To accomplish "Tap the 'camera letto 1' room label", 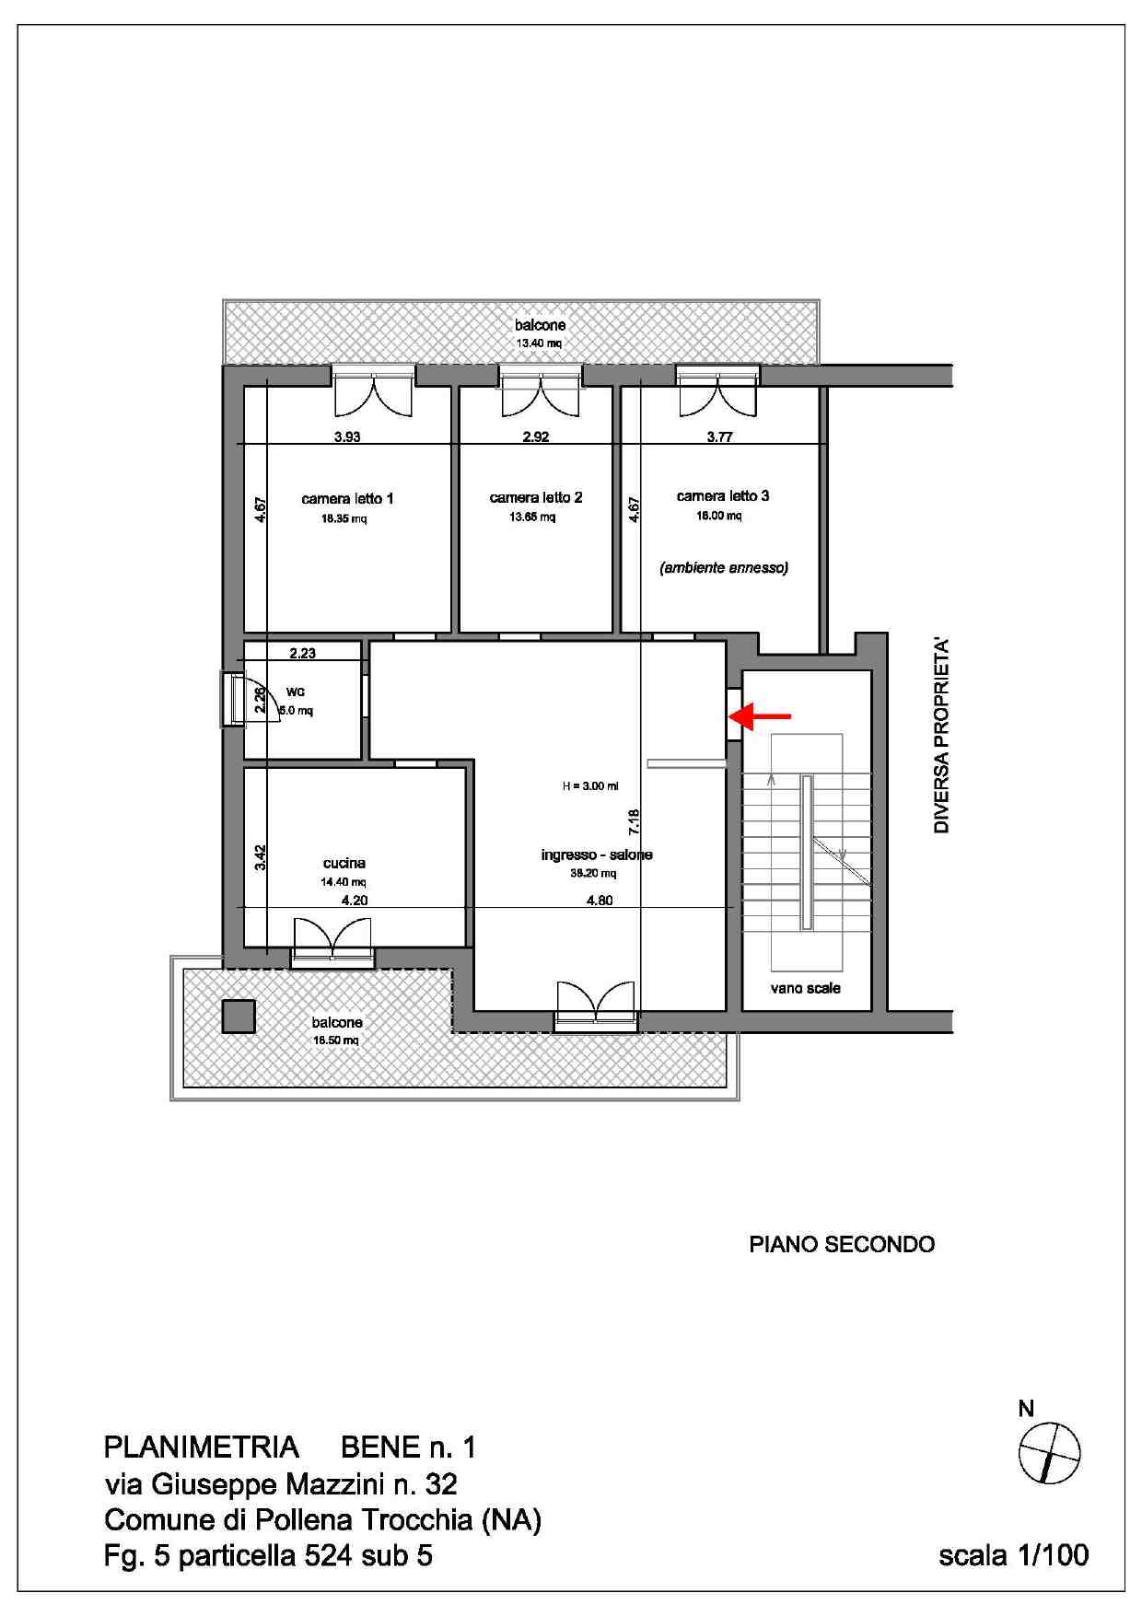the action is (347, 499).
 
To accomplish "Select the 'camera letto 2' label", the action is (536, 497).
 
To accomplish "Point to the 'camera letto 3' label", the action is (723, 495).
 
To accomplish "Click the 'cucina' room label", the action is (344, 863).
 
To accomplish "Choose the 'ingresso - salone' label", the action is (597, 855).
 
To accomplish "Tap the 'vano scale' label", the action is (806, 988).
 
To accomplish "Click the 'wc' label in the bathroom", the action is (296, 692).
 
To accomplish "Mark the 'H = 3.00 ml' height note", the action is (590, 786).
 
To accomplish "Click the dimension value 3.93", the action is (347, 436).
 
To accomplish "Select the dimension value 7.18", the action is (633, 821).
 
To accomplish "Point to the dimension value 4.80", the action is (600, 901).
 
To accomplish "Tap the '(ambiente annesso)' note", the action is (724, 568).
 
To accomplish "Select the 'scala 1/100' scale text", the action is (1013, 1555).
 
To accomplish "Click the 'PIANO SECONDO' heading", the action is (842, 1244).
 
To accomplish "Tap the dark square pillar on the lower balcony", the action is (239, 1017).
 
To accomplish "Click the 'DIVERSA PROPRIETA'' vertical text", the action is (941, 737).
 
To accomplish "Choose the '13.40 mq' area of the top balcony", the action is (539, 343).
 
